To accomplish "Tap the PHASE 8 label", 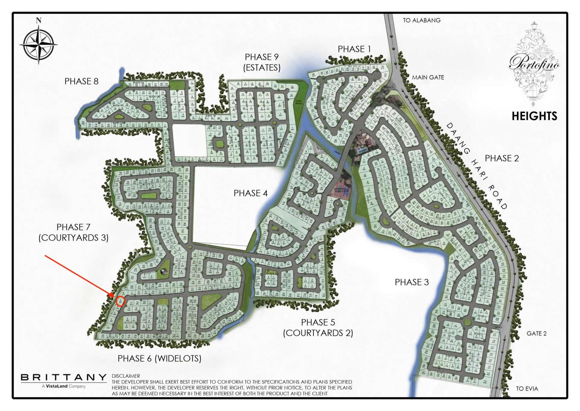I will (81, 81).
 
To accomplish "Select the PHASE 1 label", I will (354, 49).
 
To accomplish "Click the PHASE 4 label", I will (250, 193).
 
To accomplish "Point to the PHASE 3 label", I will (412, 282).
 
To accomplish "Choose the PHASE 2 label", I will (501, 158).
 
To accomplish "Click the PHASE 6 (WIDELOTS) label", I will (159, 358).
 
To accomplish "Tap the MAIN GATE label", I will (428, 77).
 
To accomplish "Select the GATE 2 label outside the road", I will (536, 333).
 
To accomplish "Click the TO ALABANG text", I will (421, 20).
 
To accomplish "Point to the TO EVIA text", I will (527, 389).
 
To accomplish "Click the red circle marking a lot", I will (121, 301).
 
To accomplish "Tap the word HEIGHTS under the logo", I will (534, 116).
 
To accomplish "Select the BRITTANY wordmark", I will (63, 377).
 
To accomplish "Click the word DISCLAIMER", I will (126, 376).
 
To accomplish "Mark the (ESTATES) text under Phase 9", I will (262, 67).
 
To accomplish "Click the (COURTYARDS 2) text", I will (318, 333).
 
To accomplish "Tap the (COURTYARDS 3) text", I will (73, 238).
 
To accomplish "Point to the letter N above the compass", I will (39, 21).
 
